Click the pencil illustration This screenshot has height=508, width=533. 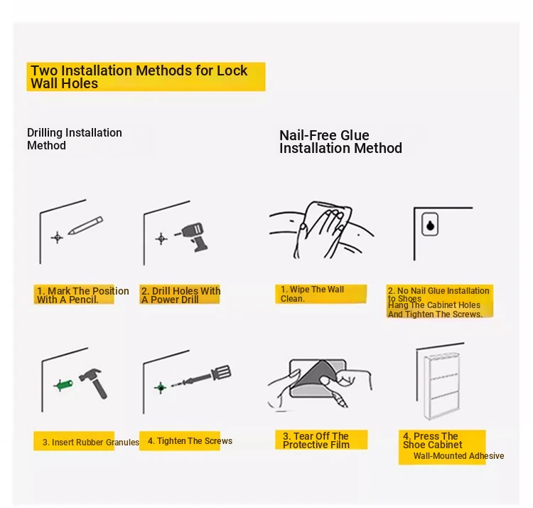pyautogui.click(x=85, y=226)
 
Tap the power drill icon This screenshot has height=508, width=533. pyautogui.click(x=193, y=237)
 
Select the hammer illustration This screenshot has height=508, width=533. pyautogui.click(x=94, y=383)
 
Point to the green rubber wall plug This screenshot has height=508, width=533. pyautogui.click(x=63, y=385)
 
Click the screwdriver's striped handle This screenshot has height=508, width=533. pyautogui.click(x=221, y=373)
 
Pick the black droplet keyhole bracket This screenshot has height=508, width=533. pyautogui.click(x=430, y=225)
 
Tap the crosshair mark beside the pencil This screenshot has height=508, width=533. pyautogui.click(x=57, y=237)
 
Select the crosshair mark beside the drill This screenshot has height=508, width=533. pyautogui.click(x=161, y=238)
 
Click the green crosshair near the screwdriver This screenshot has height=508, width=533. pyautogui.click(x=161, y=387)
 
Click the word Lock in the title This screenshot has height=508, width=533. pyautogui.click(x=232, y=70)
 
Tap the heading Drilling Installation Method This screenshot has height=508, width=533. pyautogui.click(x=75, y=139)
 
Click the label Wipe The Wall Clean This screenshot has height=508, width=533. pyautogui.click(x=312, y=294)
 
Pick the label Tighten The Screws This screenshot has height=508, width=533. pyautogui.click(x=190, y=441)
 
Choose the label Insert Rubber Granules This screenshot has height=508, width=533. pyautogui.click(x=91, y=443)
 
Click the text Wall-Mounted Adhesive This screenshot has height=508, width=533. pyautogui.click(x=458, y=456)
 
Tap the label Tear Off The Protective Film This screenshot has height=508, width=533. pyautogui.click(x=316, y=440)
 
